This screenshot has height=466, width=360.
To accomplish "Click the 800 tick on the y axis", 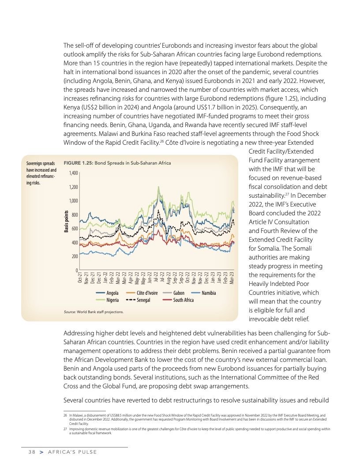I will (75, 215).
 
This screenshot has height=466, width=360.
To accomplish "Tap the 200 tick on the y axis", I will (75, 256).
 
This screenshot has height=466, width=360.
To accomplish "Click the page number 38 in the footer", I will (27, 452).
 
